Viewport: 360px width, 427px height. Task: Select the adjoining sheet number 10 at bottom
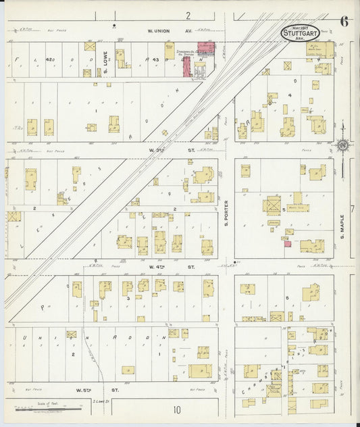pos(176,409)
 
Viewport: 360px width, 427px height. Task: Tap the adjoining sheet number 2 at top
pos(188,15)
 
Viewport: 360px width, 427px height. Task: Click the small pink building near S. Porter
pos(287,244)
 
